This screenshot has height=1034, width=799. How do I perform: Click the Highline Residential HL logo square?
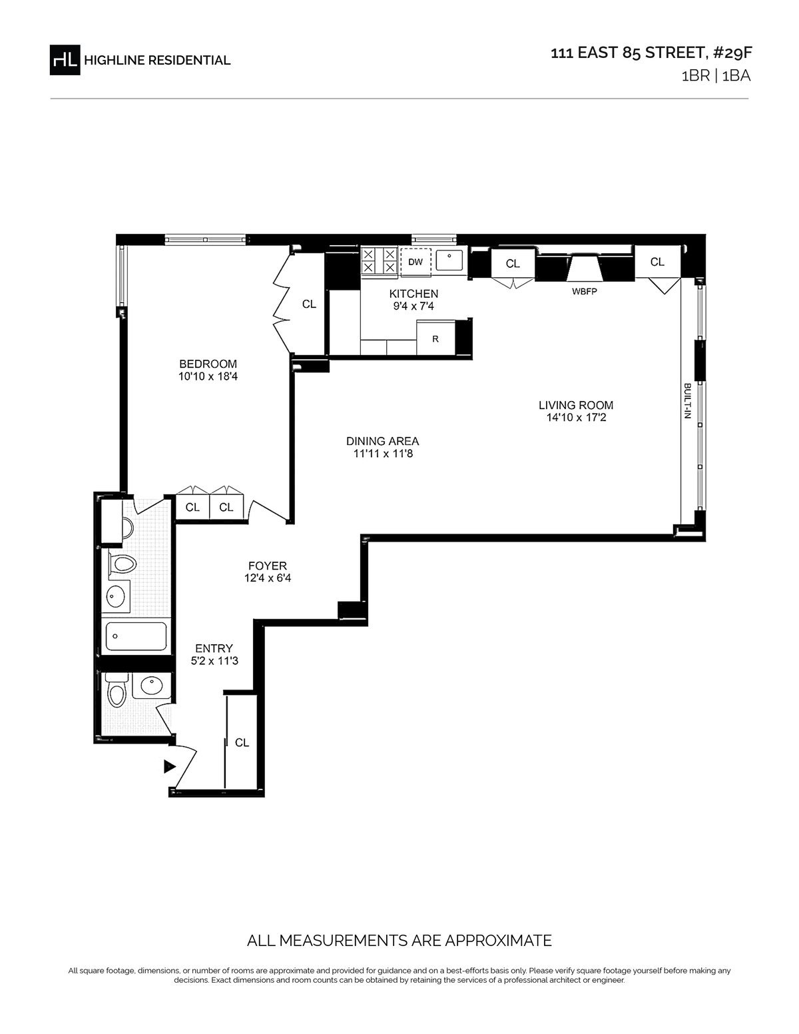point(65,60)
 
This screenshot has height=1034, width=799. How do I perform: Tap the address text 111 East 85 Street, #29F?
point(651,53)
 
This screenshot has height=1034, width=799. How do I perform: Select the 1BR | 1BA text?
point(716,76)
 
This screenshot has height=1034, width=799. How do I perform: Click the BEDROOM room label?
point(208,364)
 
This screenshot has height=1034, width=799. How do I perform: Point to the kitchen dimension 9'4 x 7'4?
point(413,306)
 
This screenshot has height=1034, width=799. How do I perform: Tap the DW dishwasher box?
point(415,262)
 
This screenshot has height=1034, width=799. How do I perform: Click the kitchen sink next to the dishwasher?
point(449,260)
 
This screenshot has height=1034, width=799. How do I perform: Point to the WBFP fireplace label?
point(584,292)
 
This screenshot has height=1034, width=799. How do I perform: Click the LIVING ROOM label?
point(575,406)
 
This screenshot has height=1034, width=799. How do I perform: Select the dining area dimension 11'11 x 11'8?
point(383,454)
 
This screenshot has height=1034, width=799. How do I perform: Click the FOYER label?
point(268,566)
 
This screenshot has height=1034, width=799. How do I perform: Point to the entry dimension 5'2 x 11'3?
point(214,661)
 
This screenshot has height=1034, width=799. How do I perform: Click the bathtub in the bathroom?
point(136,636)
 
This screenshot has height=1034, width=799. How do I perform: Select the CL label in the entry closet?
point(242,743)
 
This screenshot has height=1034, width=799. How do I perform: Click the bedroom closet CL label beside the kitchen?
point(309,304)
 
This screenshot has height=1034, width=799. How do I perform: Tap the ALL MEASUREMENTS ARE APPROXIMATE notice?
point(400,941)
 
